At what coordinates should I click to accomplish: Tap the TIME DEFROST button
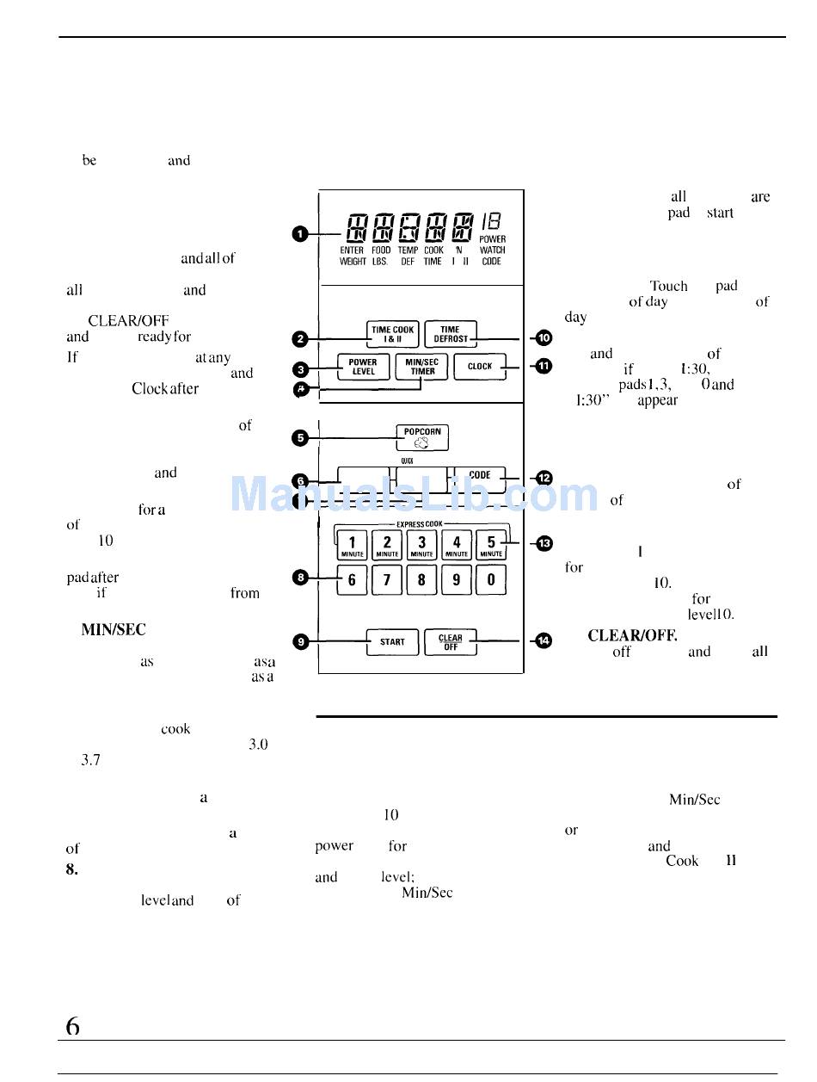(x=450, y=334)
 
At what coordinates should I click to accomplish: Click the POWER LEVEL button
(x=363, y=367)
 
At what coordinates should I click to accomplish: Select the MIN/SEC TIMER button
(x=421, y=367)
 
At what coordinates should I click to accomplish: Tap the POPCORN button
(x=421, y=437)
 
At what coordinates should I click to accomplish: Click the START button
(x=392, y=642)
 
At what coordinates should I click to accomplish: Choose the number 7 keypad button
(x=387, y=580)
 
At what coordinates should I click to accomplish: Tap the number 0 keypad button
(x=491, y=580)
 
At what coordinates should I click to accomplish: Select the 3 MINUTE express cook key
(x=421, y=545)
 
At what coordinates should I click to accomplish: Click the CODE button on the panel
(x=479, y=476)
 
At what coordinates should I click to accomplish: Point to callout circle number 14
(x=544, y=640)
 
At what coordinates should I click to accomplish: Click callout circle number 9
(x=301, y=640)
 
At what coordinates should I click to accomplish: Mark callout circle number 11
(x=544, y=367)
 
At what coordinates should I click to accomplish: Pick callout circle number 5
(x=301, y=437)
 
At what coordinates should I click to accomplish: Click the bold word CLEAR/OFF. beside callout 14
(x=632, y=636)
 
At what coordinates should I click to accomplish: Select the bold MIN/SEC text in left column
(x=113, y=630)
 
